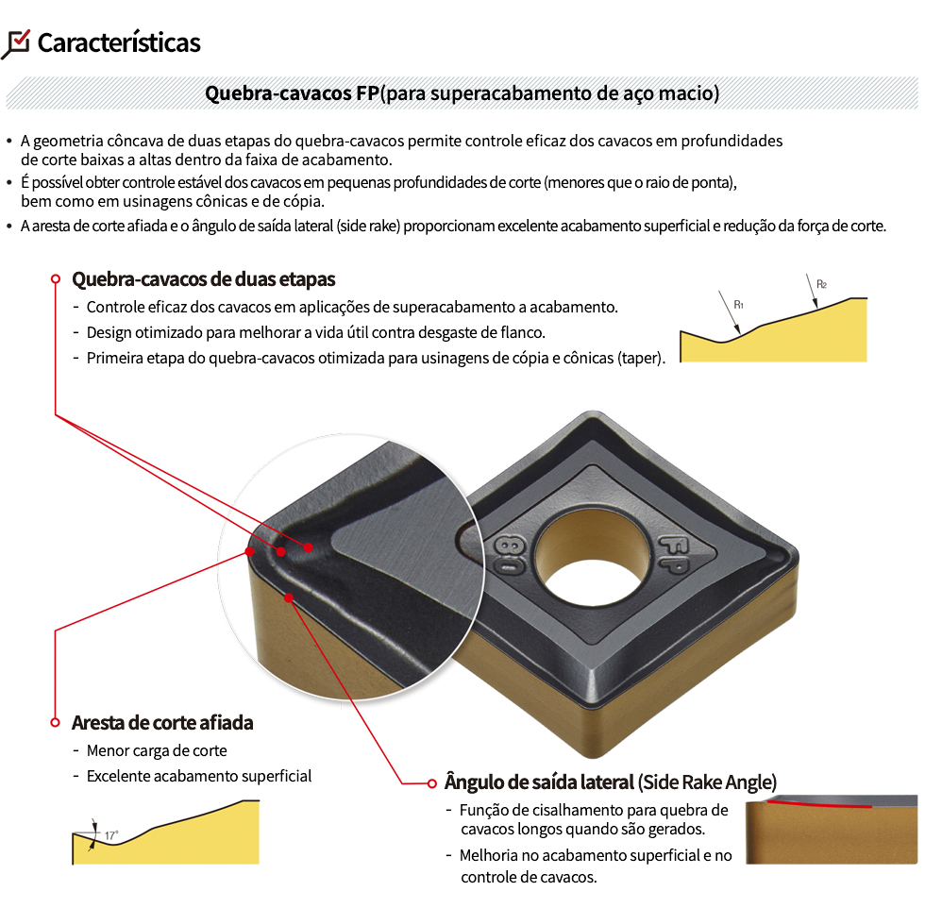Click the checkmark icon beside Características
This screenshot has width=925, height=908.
pyautogui.click(x=16, y=43)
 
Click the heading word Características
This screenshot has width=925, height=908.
pyautogui.click(x=119, y=43)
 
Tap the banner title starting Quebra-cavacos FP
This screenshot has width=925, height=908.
pyautogui.click(x=462, y=93)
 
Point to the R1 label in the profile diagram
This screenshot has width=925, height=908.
pyautogui.click(x=738, y=305)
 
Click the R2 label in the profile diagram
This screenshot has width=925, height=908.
pyautogui.click(x=821, y=284)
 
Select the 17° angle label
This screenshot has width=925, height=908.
pyautogui.click(x=111, y=835)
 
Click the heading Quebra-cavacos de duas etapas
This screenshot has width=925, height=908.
pyautogui.click(x=204, y=279)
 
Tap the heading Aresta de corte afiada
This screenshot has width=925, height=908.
pyautogui.click(x=162, y=723)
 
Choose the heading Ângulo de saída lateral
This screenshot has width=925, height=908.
pyautogui.click(x=539, y=782)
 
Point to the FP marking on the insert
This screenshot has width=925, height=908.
pyautogui.click(x=674, y=554)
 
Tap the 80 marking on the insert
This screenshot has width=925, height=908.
pyautogui.click(x=509, y=555)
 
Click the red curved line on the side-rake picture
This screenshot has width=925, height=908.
pyautogui.click(x=819, y=804)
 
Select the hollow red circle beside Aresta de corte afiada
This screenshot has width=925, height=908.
pyautogui.click(x=55, y=723)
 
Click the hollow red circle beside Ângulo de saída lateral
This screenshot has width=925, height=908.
pyautogui.click(x=432, y=783)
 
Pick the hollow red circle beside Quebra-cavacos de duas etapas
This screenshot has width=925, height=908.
pyautogui.click(x=56, y=279)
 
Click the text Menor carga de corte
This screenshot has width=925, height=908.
pyautogui.click(x=157, y=750)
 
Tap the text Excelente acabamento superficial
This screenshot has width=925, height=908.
pyautogui.click(x=199, y=777)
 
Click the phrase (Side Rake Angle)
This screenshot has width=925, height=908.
pyautogui.click(x=707, y=782)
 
